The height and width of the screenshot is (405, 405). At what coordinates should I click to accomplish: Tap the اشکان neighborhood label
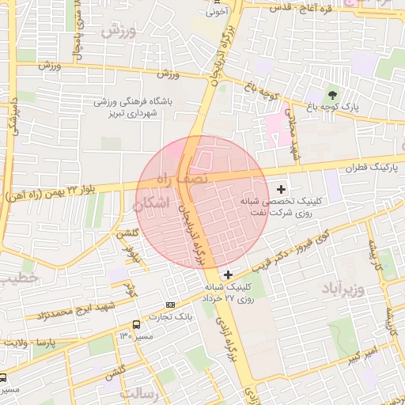[x=153, y=203]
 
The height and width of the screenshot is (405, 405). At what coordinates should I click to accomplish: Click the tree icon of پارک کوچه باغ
[x=332, y=95]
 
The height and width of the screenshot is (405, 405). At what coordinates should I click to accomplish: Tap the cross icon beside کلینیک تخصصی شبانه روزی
[x=282, y=188]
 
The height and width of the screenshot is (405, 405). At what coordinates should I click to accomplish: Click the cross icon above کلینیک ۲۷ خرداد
[x=229, y=274]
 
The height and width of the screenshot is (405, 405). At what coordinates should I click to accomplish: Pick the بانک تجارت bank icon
[x=171, y=305]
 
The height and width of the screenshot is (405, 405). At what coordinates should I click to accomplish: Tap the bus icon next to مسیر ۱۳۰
[x=137, y=324]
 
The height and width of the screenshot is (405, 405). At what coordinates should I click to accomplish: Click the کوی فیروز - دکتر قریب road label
[x=296, y=248]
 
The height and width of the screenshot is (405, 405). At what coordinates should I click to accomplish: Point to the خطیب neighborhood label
[x=17, y=279]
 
